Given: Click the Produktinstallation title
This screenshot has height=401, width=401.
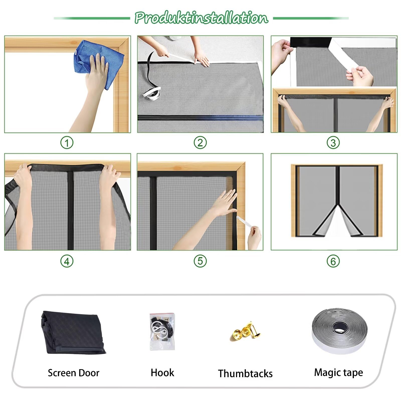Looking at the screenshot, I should tap(201, 18).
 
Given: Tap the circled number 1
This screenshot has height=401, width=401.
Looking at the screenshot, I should tap(67, 143).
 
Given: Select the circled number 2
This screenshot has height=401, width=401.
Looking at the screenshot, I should tap(200, 143).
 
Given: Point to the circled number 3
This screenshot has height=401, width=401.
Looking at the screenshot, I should tap(333, 143).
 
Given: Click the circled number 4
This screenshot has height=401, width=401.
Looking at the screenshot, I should tap(67, 261).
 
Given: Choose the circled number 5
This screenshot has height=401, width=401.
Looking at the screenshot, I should tap(200, 261).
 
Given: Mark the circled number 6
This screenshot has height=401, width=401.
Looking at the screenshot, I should tap(333, 261).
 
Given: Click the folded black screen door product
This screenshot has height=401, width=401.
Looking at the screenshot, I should tap(73, 332).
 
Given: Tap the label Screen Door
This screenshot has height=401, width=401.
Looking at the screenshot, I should tap(73, 373).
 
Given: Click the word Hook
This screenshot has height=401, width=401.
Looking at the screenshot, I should tap(162, 373).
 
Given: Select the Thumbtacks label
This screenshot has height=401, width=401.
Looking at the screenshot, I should tap(245, 373).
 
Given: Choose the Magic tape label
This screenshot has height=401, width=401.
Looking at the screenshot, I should tap(338, 373).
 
